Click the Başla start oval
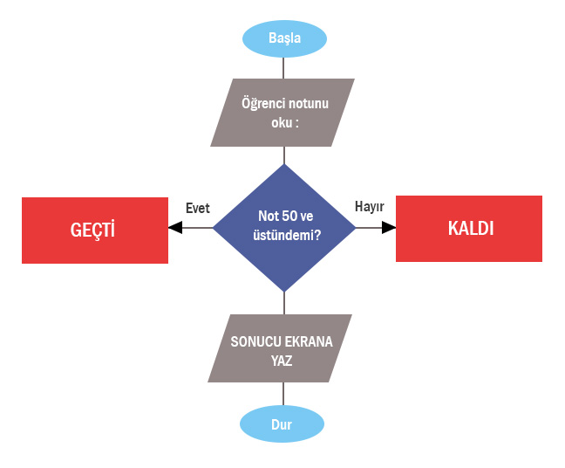pos(284,39)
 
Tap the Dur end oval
pos(282,425)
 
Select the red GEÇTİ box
pos(94,230)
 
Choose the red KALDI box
pos(469,229)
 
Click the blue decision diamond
pos(284,227)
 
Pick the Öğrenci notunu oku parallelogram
pos(283,113)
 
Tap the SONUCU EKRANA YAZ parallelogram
pos(281,348)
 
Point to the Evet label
pos(198,208)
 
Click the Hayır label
pos(370,207)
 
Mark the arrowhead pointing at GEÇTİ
pos(175,228)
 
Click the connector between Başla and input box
pos(284,67)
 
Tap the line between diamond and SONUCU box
pos(284,302)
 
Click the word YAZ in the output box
pos(281,359)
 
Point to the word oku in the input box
pos(281,123)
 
